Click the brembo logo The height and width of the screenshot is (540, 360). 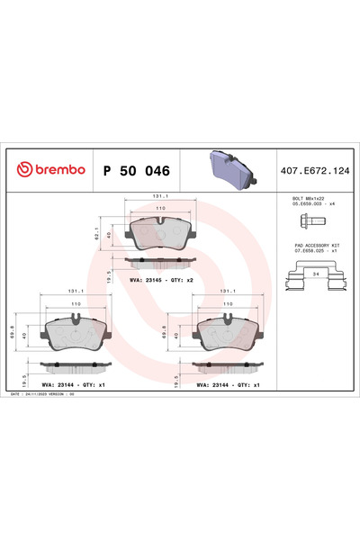coord(47,169)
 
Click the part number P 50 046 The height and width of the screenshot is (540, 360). coord(136,169)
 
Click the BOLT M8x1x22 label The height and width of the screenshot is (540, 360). coord(299,196)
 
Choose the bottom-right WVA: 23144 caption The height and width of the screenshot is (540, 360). coord(229,383)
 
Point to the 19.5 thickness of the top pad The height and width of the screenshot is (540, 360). coord(110,274)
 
